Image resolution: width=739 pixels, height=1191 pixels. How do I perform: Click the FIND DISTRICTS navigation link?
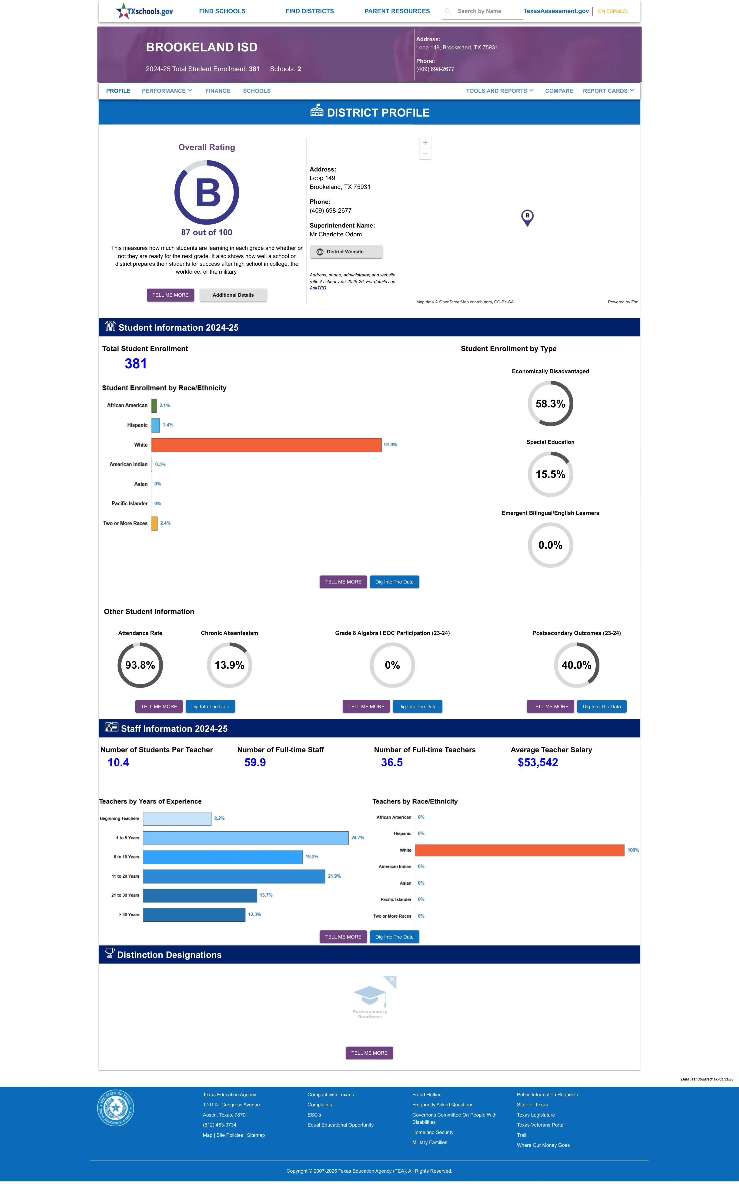click(309, 11)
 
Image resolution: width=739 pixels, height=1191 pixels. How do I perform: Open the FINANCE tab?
click(217, 91)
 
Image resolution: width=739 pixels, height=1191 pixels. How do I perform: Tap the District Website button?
click(346, 252)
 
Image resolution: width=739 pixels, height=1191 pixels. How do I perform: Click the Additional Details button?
click(233, 295)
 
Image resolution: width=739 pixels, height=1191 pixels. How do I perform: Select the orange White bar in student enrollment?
click(266, 445)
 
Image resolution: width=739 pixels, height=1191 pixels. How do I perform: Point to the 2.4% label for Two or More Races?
click(165, 523)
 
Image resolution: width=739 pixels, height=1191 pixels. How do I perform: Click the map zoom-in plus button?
click(425, 142)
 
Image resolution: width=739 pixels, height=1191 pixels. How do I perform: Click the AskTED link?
click(318, 288)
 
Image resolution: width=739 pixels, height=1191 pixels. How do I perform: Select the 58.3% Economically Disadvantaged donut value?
click(550, 404)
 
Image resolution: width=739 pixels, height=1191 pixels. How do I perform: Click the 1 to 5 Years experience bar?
click(246, 838)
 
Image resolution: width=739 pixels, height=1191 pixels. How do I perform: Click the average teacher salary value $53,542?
click(538, 762)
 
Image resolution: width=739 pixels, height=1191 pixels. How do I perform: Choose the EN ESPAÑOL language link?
click(613, 11)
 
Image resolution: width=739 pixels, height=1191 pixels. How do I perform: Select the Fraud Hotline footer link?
click(427, 1095)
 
